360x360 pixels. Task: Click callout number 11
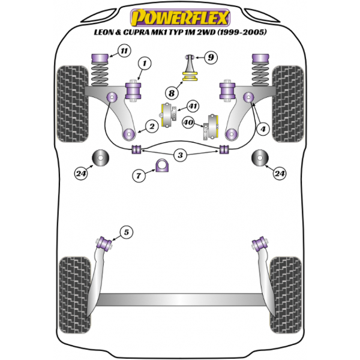pos(124,51)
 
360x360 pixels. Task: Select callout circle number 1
pos(144,62)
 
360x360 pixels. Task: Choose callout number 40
pos(188,122)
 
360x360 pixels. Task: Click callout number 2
pos(152,126)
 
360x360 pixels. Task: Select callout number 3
pos(179,155)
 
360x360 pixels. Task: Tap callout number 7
pos(139,176)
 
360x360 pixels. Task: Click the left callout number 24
pos(80,175)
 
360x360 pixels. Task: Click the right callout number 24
pos(279,173)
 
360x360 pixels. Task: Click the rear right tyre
pos(285,287)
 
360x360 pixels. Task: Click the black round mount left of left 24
pos(99,159)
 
